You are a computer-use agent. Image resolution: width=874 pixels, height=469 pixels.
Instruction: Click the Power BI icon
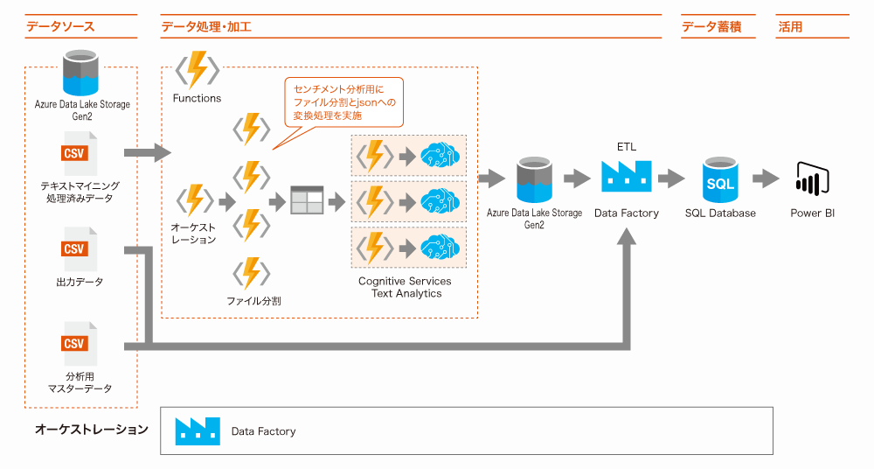pyautogui.click(x=813, y=178)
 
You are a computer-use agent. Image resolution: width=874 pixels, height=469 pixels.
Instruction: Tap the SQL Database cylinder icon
pyautogui.click(x=720, y=179)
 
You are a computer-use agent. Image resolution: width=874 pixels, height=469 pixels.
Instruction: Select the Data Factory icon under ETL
pyautogui.click(x=627, y=176)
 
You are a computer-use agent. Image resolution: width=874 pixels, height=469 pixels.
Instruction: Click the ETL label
pyautogui.click(x=627, y=147)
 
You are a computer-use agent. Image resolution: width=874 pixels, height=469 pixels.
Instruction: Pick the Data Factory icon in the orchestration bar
pyautogui.click(x=198, y=431)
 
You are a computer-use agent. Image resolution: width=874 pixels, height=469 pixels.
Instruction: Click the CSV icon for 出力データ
pyautogui.click(x=79, y=249)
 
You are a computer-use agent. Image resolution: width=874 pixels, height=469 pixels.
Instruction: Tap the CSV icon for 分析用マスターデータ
pyautogui.click(x=79, y=343)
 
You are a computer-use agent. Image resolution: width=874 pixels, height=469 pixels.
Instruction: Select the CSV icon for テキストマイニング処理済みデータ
pyautogui.click(x=79, y=153)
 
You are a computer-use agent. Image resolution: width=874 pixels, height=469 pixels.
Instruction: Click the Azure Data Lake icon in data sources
pyautogui.click(x=80, y=73)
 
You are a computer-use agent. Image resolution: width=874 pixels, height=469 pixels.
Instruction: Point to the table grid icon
pyautogui.click(x=307, y=199)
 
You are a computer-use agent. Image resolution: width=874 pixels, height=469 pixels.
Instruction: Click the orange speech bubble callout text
pyautogui.click(x=343, y=102)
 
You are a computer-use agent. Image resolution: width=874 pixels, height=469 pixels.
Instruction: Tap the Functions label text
pyautogui.click(x=197, y=98)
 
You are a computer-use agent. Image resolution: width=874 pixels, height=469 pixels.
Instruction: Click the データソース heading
pyautogui.click(x=60, y=27)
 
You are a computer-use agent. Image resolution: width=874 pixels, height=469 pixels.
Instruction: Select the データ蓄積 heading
pyautogui.click(x=711, y=27)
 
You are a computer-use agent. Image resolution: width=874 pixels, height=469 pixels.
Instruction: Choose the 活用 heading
pyautogui.click(x=790, y=27)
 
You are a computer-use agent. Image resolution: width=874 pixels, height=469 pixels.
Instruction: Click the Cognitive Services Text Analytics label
pyautogui.click(x=406, y=287)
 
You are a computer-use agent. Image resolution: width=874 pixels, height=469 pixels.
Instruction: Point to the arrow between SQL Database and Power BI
pyautogui.click(x=766, y=178)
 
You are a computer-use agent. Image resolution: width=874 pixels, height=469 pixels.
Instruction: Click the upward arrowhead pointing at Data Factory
pyautogui.click(x=627, y=237)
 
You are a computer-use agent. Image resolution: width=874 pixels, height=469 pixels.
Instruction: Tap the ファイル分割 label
pyautogui.click(x=253, y=301)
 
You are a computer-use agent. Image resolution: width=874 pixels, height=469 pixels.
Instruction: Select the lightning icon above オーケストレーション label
pyautogui.click(x=195, y=199)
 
